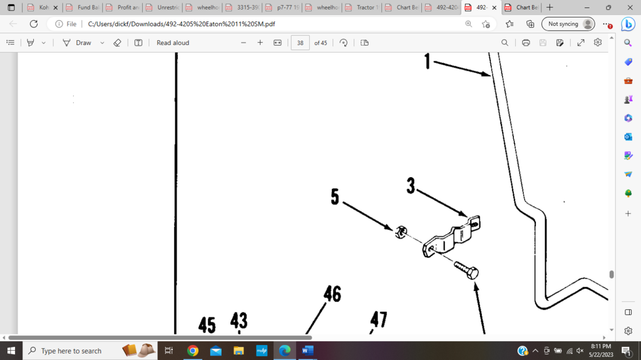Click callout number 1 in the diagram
coord(428,61)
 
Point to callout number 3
coord(411,185)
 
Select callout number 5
coord(335,197)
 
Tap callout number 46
coord(332,293)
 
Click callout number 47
coord(379,320)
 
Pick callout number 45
coord(207,325)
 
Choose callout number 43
coord(238,321)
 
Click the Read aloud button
coord(173,43)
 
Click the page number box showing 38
coord(300,43)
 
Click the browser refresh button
coord(34,24)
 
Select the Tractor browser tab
coord(364,8)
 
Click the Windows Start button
coord(11,351)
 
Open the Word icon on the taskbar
coord(307,351)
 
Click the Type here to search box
coord(71,351)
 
